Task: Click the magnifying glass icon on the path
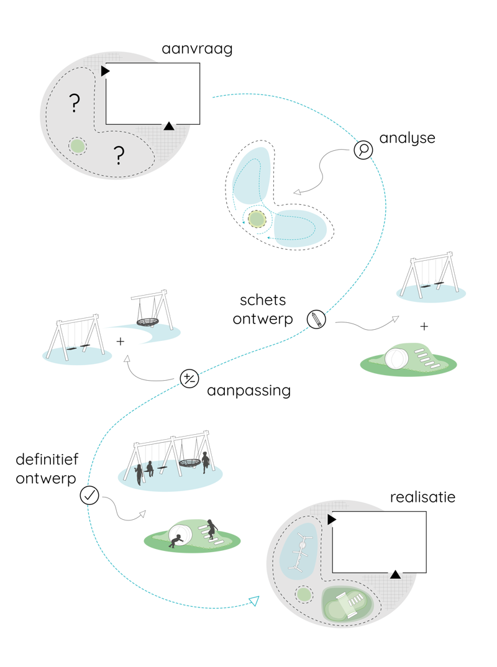pyautogui.click(x=363, y=150)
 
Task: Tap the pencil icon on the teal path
pyautogui.click(x=316, y=319)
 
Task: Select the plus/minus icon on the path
pyautogui.click(x=189, y=378)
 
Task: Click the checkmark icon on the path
pyautogui.click(x=89, y=495)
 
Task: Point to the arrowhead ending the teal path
pyautogui.click(x=254, y=600)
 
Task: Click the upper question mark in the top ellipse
pyautogui.click(x=75, y=103)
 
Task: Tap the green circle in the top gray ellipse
pyautogui.click(x=77, y=146)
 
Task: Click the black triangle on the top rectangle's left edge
pyautogui.click(x=105, y=71)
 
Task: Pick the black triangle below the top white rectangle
pyautogui.click(x=169, y=126)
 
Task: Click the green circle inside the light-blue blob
pyautogui.click(x=257, y=219)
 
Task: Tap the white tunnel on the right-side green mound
pyautogui.click(x=396, y=359)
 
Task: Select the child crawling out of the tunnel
pyautogui.click(x=176, y=540)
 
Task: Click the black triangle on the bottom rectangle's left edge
pyautogui.click(x=332, y=519)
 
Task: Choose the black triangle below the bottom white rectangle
pyautogui.click(x=395, y=574)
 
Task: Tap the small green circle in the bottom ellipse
pyautogui.click(x=304, y=595)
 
